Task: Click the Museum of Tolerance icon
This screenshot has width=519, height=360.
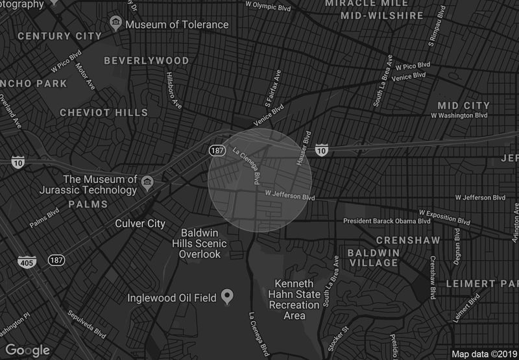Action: point(116,24)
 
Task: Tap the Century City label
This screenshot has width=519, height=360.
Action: point(59,36)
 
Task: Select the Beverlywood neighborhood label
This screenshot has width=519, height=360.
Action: point(147,60)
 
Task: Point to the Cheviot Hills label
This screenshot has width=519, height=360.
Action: point(104,112)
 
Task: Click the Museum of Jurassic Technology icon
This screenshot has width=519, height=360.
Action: point(148,180)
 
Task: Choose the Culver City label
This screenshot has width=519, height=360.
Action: point(139,223)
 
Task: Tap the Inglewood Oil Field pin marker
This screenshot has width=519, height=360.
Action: point(227,297)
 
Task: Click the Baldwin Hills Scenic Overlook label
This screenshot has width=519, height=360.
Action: point(204,243)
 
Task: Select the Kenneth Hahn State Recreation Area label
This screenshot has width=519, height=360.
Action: point(295,300)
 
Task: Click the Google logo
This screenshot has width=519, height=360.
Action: point(28,350)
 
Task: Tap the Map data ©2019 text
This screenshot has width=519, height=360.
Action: point(484,354)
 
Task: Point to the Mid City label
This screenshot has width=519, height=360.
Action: point(463,105)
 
